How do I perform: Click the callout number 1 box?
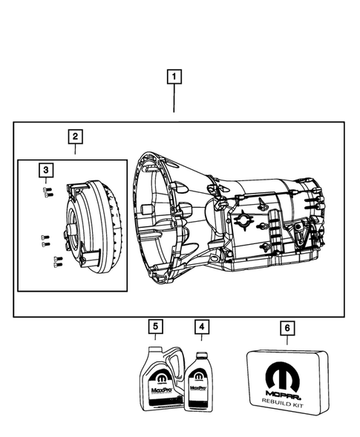point(174,76)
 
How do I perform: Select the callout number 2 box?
point(75,136)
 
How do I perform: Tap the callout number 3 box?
point(46,171)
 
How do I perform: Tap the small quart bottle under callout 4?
point(198,387)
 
